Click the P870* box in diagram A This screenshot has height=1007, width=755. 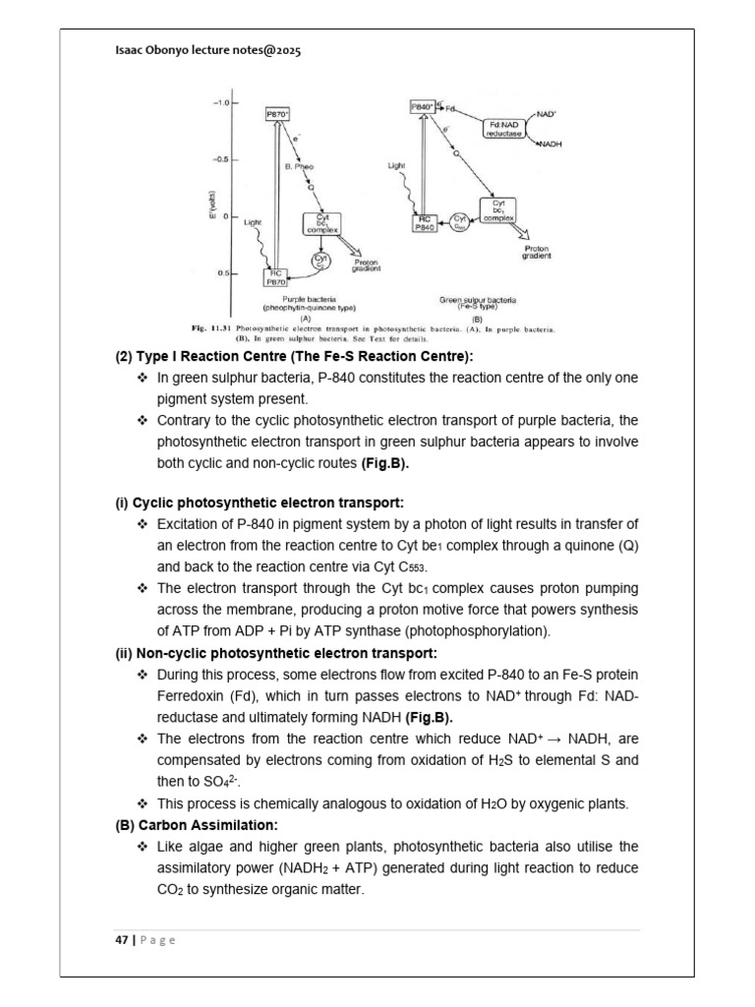278,115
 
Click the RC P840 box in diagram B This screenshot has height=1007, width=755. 425,223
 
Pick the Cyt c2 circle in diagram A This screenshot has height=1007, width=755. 319,262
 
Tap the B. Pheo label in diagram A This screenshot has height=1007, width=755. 300,168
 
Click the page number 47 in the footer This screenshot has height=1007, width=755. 121,940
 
